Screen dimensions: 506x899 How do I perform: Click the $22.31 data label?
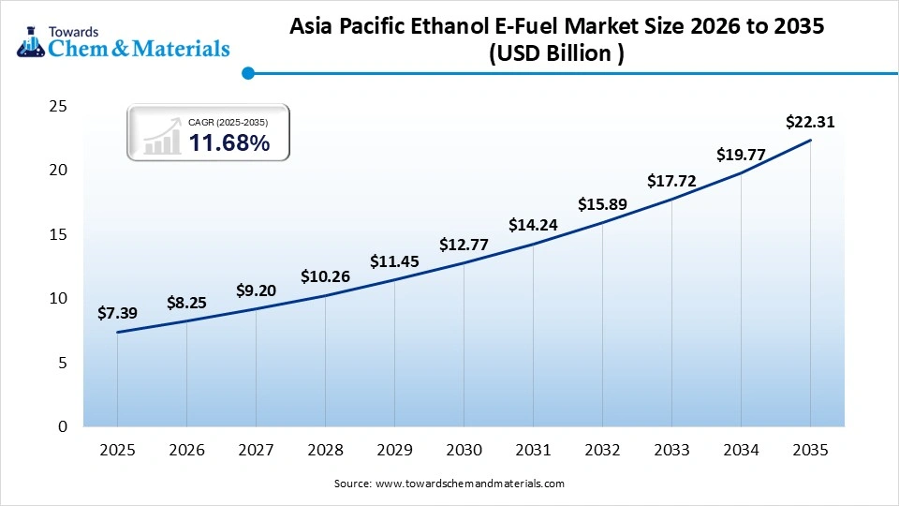click(810, 122)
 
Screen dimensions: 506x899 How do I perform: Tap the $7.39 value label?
click(117, 313)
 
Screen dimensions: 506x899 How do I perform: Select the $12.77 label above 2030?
click(464, 246)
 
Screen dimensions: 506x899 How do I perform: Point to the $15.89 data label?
click(602, 204)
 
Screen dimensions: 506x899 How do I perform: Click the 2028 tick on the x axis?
click(325, 451)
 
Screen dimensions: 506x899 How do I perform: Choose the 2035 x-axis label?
click(810, 451)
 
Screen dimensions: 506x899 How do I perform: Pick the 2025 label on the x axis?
click(117, 451)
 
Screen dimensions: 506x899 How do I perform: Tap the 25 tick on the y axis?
click(58, 107)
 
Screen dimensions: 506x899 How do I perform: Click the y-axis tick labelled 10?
click(58, 298)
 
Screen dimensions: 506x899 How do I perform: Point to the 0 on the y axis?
click(63, 426)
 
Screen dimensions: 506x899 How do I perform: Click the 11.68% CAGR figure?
click(229, 143)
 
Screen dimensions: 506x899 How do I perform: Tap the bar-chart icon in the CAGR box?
click(162, 137)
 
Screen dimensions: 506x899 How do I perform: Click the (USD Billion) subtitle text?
click(556, 54)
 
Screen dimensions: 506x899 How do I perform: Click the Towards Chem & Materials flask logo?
click(28, 40)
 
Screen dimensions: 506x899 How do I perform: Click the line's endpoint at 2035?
click(810, 141)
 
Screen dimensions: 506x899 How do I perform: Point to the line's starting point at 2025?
click(117, 332)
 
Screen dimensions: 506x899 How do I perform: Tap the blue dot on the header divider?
click(247, 72)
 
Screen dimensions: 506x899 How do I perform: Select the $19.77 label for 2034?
click(741, 155)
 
